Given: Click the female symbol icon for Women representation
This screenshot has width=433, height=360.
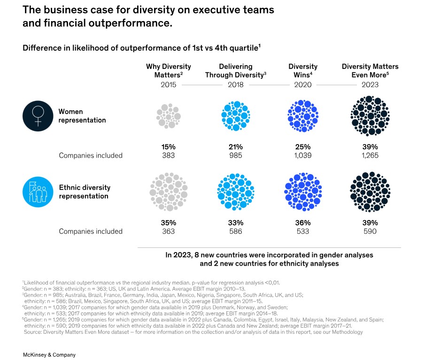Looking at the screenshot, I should point(38,116).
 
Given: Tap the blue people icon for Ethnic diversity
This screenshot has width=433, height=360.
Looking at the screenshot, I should point(38,191).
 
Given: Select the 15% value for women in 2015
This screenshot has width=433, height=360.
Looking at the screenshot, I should point(168,147).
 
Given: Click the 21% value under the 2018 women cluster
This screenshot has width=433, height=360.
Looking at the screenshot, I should point(235,147).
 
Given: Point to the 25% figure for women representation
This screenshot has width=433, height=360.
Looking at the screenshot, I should point(303,147).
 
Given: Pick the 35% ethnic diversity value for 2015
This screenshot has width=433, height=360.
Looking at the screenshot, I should point(168,222).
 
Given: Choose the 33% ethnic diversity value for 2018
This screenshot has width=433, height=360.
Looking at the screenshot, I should point(235,222).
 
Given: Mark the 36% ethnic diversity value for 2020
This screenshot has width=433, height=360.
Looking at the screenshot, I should point(303,222).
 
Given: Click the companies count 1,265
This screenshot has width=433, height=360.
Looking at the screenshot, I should point(370,155).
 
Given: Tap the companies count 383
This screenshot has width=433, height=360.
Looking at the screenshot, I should point(168,155).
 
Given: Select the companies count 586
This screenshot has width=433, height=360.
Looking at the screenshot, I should point(235,231).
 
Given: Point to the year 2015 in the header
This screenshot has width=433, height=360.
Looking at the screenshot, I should point(168,85).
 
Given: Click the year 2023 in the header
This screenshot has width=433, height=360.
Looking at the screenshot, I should point(370,85).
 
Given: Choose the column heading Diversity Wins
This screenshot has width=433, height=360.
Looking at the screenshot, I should point(303,70).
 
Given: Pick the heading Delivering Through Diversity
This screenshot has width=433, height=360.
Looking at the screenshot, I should point(235,70).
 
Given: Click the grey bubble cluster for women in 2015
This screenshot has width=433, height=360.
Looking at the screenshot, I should point(168,116).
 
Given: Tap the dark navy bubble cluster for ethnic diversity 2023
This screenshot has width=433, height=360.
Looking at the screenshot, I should point(370,191).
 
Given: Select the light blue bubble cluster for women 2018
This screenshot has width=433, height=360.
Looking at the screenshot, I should point(235,116).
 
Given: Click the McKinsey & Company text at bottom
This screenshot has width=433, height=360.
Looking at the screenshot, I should point(49,355).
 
